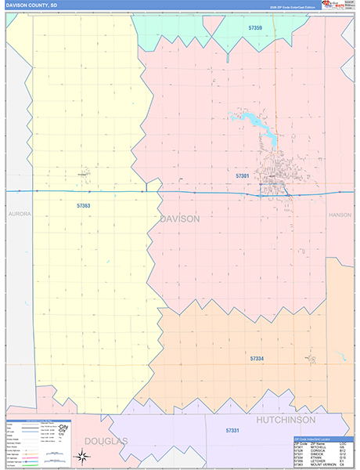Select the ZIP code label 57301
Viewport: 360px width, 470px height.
[x=243, y=176]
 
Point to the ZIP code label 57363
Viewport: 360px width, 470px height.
[x=84, y=205]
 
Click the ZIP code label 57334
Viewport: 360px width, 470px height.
[x=257, y=358]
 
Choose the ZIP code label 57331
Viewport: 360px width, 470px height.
[x=232, y=431]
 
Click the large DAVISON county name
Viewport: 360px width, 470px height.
[x=179, y=219]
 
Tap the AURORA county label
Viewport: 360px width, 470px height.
[x=18, y=213]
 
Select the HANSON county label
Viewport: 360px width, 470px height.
[x=340, y=213]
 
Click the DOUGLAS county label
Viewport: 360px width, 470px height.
[x=106, y=441]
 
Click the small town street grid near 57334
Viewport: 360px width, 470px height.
[x=312, y=360]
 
